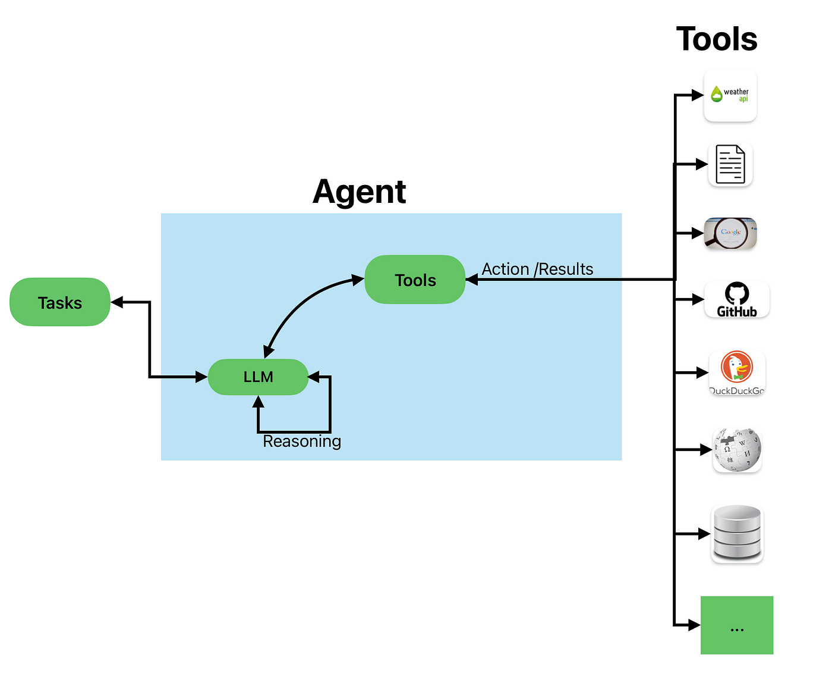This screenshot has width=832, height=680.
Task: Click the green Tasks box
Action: [60, 302]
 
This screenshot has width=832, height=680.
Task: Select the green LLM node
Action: [258, 377]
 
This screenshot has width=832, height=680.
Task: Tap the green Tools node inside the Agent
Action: [415, 280]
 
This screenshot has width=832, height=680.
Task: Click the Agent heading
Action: [359, 192]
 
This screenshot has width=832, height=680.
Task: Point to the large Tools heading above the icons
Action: [716, 39]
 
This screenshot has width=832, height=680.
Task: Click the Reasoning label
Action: [302, 441]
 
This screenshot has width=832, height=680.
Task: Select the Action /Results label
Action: [537, 269]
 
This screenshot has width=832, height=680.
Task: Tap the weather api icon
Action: [730, 95]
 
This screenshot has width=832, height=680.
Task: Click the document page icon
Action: [730, 164]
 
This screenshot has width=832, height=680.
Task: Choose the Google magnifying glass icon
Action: [730, 233]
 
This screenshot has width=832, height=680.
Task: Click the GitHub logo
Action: [736, 300]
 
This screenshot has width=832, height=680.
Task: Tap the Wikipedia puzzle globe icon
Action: [737, 450]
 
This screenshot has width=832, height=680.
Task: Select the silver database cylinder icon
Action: [737, 534]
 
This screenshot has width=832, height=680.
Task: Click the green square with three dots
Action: [737, 625]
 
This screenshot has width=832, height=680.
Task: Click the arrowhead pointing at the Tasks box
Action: [117, 302]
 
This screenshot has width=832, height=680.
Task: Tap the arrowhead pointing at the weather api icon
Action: [697, 95]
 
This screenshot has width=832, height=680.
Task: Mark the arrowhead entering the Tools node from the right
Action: [472, 280]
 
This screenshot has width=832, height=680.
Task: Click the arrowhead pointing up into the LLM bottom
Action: [258, 402]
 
